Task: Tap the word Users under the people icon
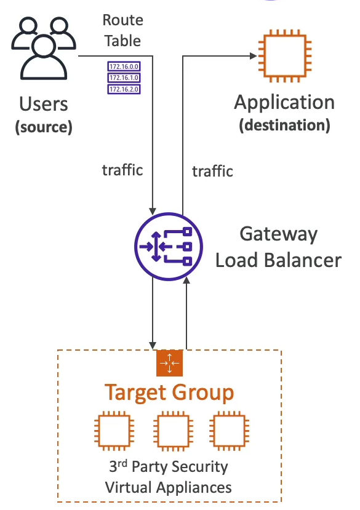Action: [x=44, y=104]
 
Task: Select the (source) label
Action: [x=44, y=127]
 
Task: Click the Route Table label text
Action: [x=122, y=31]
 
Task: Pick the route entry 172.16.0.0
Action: [x=122, y=66]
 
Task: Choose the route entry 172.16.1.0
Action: [x=122, y=78]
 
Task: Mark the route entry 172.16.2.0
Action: [x=122, y=89]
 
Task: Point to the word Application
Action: [x=284, y=103]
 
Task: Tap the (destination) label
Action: [x=284, y=126]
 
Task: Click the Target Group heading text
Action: [x=169, y=392]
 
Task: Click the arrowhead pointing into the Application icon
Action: [x=252, y=57]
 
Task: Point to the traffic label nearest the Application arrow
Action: [x=212, y=171]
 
